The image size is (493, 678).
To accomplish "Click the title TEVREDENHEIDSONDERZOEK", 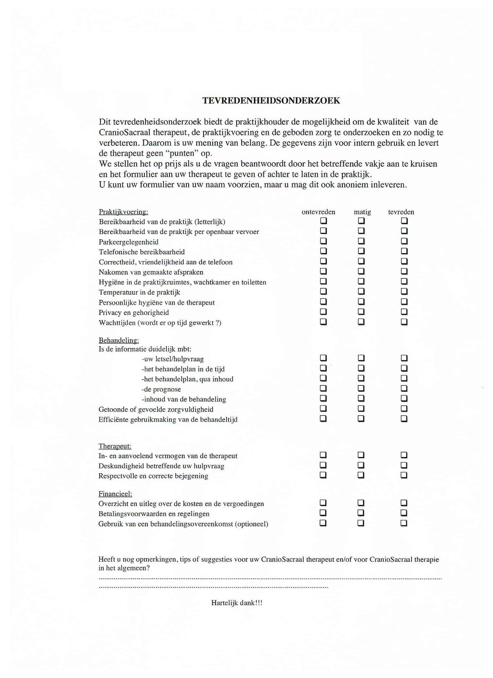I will coord(271,100).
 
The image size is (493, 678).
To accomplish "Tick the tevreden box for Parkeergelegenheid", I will coord(404,241).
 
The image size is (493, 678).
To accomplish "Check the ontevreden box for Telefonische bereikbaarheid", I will coord(323,251).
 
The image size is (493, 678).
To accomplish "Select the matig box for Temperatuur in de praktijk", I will coord(361,291).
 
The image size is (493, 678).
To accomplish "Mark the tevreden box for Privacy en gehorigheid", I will coord(404,312).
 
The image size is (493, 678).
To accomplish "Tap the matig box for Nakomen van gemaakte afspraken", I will coord(361,271).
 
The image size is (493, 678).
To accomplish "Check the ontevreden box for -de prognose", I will coord(323,389).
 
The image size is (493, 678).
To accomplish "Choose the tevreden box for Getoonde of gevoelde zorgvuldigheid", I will coord(404,409).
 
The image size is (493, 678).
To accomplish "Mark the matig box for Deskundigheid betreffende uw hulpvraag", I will coord(361,465).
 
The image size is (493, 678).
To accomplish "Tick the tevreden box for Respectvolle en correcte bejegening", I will coord(404,475).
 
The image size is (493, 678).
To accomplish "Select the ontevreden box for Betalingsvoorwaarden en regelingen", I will coord(323,513).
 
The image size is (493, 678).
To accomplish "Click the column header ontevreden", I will coord(318,212).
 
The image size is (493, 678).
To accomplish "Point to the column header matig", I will coord(362,212).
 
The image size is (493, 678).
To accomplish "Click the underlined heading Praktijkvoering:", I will coord(124,212).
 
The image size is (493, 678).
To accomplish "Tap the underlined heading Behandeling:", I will coord(119,340).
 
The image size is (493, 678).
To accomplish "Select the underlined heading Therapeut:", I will coord(115,446).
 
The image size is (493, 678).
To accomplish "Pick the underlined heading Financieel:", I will coord(115,494).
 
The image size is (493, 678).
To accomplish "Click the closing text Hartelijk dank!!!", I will coord(237,603).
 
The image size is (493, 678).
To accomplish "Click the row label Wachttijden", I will coord(117,322).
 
